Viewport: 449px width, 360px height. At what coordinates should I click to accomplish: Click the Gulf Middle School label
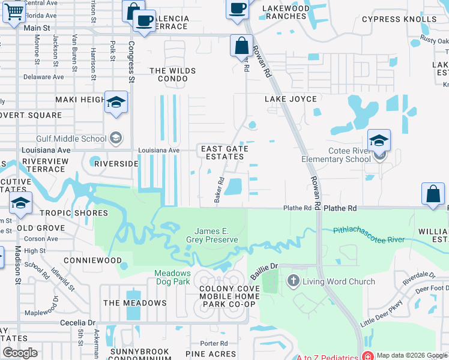point(71,139)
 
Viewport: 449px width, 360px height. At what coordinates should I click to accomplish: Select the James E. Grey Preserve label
point(216,235)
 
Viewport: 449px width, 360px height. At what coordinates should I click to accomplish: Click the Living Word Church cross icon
point(294,280)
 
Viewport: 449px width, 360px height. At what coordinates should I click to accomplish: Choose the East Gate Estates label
point(223,152)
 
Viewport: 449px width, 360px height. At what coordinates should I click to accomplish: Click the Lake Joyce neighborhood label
point(291,99)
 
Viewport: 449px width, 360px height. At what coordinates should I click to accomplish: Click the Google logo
point(20,352)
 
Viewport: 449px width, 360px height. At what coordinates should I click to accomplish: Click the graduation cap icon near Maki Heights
point(116,103)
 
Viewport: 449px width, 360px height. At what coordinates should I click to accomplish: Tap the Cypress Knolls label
point(399,19)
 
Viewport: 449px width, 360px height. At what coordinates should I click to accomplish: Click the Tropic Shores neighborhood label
point(74,213)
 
